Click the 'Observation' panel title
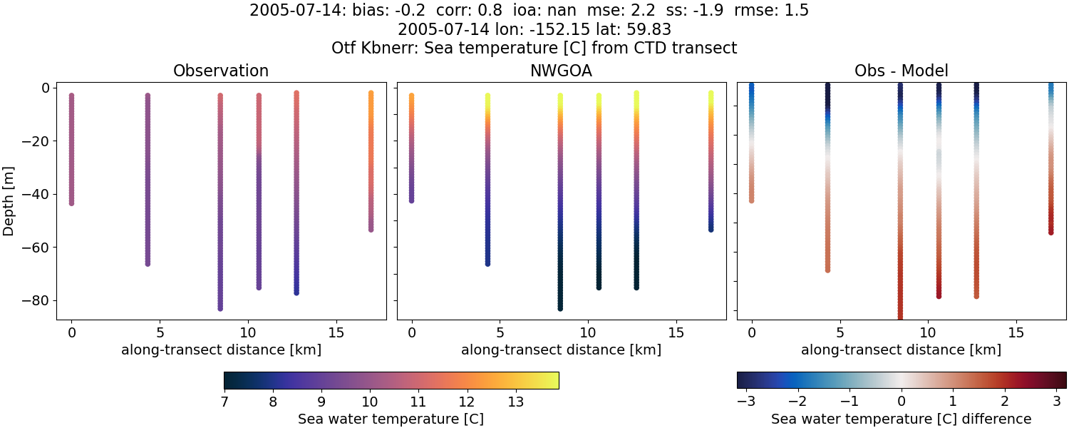(x=221, y=71)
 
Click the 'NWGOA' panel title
(x=561, y=71)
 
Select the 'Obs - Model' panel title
(x=901, y=71)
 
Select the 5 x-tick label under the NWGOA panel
(x=500, y=332)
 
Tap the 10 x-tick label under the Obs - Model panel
(x=928, y=332)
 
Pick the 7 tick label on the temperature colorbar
(x=224, y=402)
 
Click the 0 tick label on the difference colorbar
(x=902, y=402)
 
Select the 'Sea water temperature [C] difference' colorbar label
(x=901, y=419)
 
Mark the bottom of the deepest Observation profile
(x=220, y=308)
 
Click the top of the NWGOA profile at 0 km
(x=411, y=96)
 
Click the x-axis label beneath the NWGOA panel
(x=561, y=350)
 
